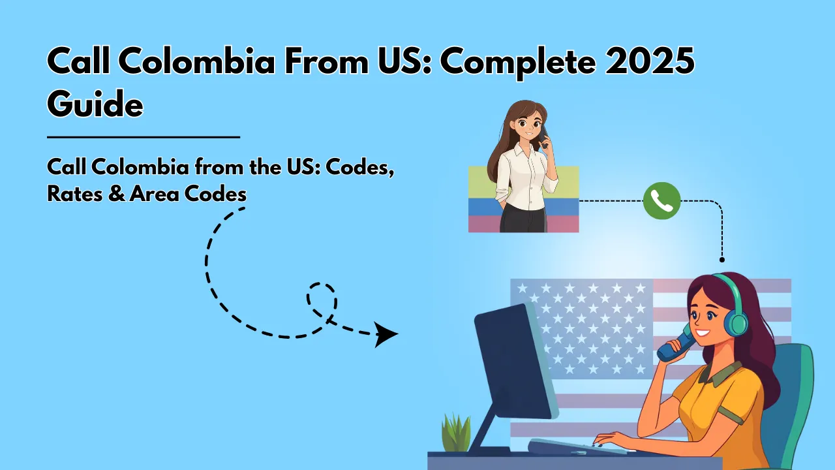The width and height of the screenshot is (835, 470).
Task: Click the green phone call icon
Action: point(661,201)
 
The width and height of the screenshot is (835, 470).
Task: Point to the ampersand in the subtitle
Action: point(117,194)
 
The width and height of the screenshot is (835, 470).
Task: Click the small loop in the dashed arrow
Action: point(322,298)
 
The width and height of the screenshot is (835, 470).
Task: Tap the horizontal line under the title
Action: point(144,137)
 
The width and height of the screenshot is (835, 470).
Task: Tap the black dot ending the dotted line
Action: point(722,260)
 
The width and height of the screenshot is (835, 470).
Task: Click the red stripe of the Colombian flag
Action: point(483,224)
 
